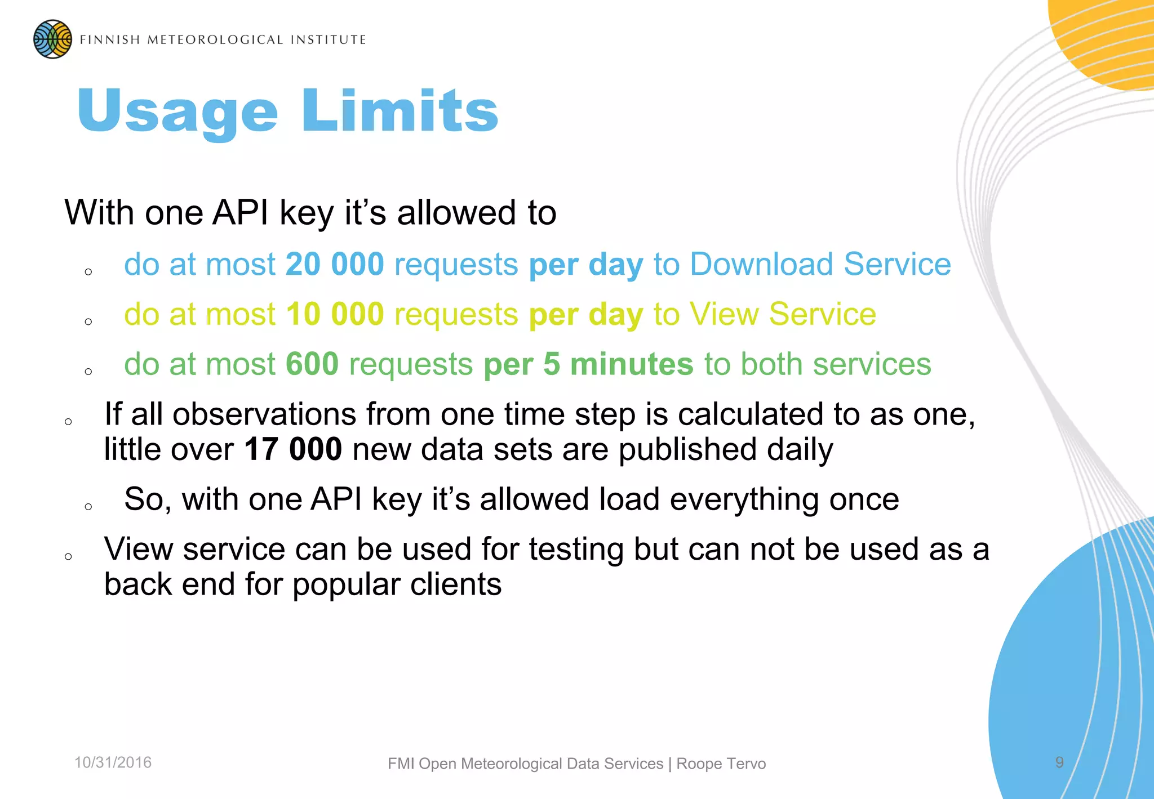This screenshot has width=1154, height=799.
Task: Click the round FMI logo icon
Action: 52,39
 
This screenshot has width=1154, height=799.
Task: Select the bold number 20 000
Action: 335,264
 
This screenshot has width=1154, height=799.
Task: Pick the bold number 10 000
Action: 335,314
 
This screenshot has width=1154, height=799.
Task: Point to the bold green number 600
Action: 312,364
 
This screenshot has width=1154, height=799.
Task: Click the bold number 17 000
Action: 293,449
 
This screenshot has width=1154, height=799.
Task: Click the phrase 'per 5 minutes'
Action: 588,364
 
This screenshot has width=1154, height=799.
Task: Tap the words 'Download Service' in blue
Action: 820,264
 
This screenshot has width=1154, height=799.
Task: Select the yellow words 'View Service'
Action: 783,314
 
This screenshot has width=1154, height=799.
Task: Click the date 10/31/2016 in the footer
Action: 113,762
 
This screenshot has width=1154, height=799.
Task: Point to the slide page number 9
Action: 1059,762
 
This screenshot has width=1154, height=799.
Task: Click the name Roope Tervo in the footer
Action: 721,764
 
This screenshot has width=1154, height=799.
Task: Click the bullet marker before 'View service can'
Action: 68,557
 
